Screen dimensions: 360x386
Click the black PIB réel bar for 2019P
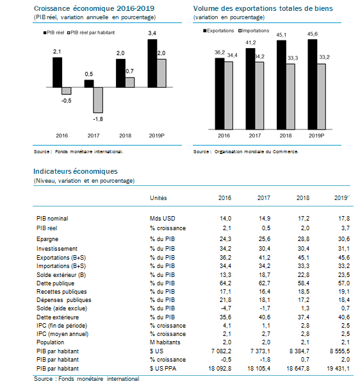(152, 63)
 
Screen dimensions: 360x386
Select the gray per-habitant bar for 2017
(98, 100)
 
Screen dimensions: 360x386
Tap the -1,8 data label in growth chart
(98, 119)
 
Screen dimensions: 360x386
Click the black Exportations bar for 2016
(220, 94)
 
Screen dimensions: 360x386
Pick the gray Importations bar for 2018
(290, 97)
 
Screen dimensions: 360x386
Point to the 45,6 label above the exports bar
(313, 34)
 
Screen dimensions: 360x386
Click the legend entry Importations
(254, 31)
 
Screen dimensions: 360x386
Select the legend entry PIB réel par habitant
(91, 33)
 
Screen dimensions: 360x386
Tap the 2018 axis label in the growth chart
(125, 136)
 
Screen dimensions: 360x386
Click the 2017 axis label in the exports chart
(255, 136)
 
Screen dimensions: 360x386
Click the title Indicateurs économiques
(76, 171)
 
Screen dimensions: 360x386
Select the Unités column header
(158, 198)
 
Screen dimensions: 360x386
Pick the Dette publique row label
(55, 283)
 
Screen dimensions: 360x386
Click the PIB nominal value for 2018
(303, 219)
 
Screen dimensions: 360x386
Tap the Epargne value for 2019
(344, 239)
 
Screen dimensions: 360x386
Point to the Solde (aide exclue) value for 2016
(225, 308)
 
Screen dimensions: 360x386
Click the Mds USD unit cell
(163, 219)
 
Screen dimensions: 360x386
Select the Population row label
(50, 342)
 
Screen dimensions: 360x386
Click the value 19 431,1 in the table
(338, 369)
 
